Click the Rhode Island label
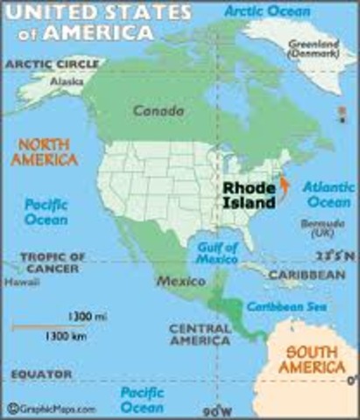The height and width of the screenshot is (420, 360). [247, 195]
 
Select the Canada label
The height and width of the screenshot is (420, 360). [159, 111]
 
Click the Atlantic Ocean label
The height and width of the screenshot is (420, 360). [328, 195]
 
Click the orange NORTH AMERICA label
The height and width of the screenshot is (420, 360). [39, 152]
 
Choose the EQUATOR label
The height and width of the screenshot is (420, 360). [41, 374]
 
